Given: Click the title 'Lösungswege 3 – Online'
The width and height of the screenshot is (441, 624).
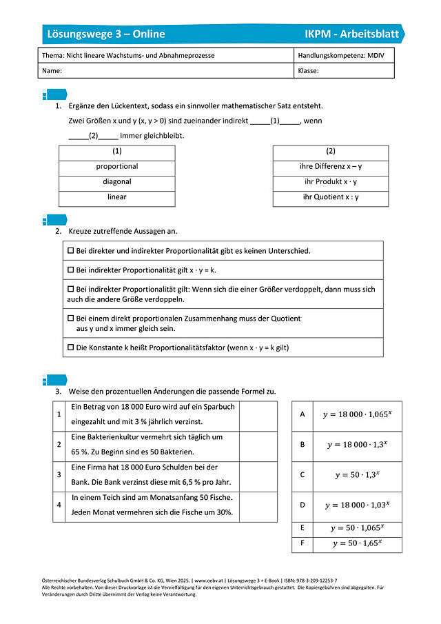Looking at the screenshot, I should click(x=105, y=34).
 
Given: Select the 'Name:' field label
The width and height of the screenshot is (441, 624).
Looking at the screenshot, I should click(x=52, y=70).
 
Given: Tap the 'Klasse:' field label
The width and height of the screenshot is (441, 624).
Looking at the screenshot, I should click(x=308, y=70).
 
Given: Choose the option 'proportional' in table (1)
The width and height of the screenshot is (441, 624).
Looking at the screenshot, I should click(x=116, y=167).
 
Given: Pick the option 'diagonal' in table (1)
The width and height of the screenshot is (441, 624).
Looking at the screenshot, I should click(x=116, y=182).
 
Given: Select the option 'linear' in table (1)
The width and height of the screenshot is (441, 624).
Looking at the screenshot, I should click(x=116, y=197).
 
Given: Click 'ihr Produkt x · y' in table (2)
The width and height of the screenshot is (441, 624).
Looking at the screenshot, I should click(x=330, y=182).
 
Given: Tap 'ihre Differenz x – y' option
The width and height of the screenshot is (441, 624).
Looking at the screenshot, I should click(x=330, y=167).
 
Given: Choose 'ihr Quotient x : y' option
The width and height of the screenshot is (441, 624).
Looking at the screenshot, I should click(x=330, y=197).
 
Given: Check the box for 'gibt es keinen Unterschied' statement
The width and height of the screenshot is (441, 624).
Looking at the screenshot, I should click(x=70, y=251).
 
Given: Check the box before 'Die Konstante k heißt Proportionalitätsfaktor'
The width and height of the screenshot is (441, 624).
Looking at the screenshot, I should click(x=70, y=348).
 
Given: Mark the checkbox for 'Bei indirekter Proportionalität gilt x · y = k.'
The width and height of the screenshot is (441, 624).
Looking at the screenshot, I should click(x=70, y=270).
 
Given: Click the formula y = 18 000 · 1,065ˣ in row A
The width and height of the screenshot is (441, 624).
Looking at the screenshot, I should click(x=356, y=415).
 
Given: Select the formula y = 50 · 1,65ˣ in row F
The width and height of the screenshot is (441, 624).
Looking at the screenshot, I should click(x=356, y=543).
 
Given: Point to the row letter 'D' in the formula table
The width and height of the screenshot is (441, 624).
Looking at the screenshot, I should click(x=302, y=505).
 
